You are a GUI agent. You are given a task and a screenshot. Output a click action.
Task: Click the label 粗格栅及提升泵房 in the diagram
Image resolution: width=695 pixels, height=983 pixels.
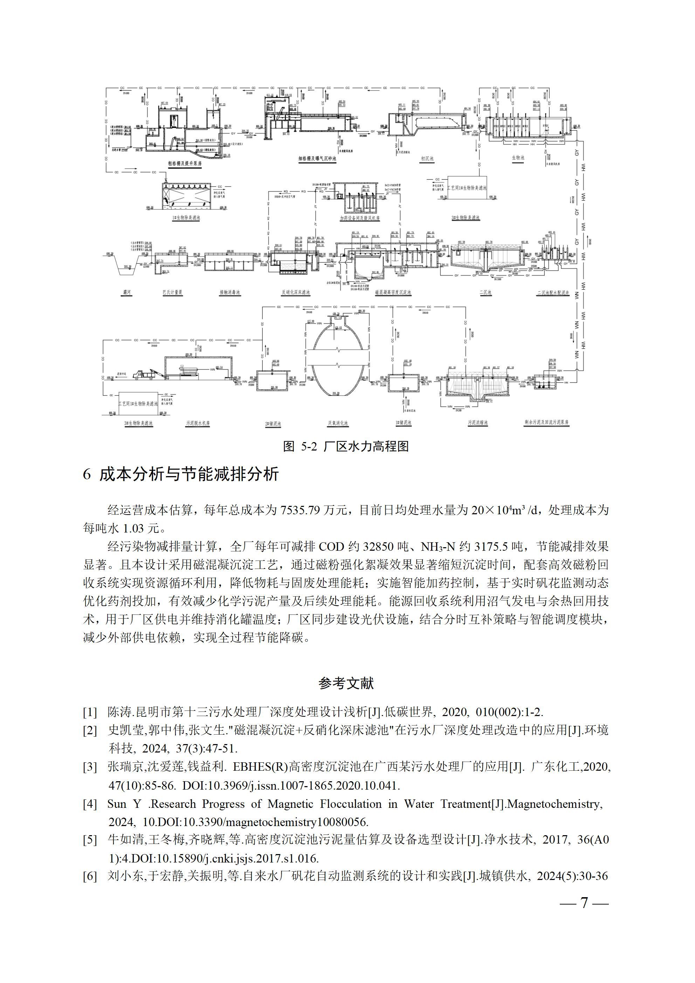tap(185, 163)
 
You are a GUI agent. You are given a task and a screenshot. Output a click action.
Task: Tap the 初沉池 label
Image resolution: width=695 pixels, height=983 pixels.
tap(427, 158)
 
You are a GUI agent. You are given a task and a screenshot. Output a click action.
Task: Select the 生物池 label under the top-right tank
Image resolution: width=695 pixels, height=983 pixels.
tap(518, 158)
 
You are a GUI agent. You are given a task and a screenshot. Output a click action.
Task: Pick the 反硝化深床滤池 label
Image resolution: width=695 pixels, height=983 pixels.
tap(295, 293)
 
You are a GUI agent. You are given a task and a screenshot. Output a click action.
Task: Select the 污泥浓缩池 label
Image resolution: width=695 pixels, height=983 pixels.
tap(478, 422)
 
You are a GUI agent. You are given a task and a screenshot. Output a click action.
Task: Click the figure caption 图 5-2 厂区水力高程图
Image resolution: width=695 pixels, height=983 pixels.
tap(346, 447)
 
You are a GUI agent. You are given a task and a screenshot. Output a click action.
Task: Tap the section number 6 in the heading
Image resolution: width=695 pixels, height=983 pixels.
tap(87, 475)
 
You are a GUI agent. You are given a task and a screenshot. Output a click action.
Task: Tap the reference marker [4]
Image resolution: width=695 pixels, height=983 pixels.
tap(90, 804)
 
